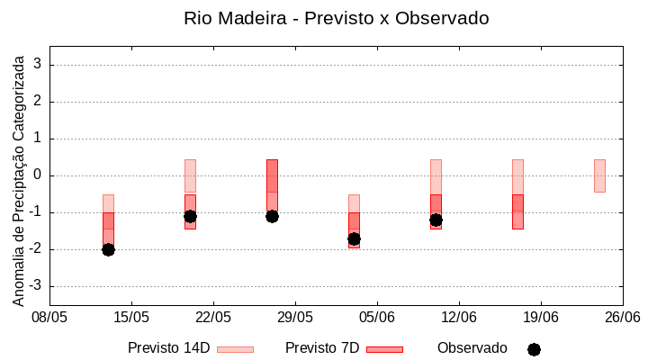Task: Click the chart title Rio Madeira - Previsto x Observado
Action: coord(336,18)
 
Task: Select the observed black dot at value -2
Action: coord(108,249)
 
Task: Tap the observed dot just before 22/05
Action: coord(190,216)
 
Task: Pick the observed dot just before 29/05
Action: coord(272,216)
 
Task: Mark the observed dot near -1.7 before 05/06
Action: coord(354,238)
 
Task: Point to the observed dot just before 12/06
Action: coord(436,220)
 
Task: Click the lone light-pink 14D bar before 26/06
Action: coord(599,175)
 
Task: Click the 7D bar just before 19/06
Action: coord(517,211)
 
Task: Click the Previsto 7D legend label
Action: coord(321,348)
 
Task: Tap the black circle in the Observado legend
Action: coord(534,349)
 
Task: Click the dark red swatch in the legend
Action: coord(384,349)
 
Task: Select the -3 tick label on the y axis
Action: coord(36,286)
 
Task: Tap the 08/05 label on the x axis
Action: coord(49,317)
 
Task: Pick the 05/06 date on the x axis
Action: coord(377,317)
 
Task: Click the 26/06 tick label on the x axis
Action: coord(622,317)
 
